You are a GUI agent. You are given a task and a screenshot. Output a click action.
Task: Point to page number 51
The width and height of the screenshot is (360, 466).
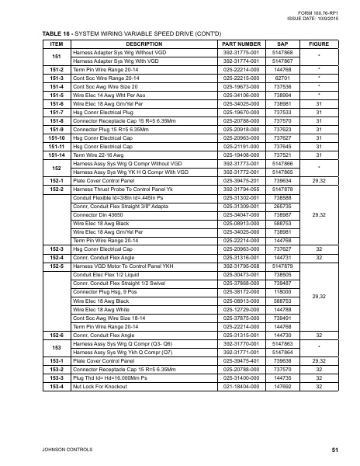[334, 450]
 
